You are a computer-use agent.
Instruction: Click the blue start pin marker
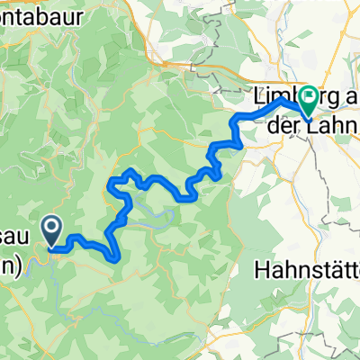(51, 230)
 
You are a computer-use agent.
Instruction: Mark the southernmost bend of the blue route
(115, 257)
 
